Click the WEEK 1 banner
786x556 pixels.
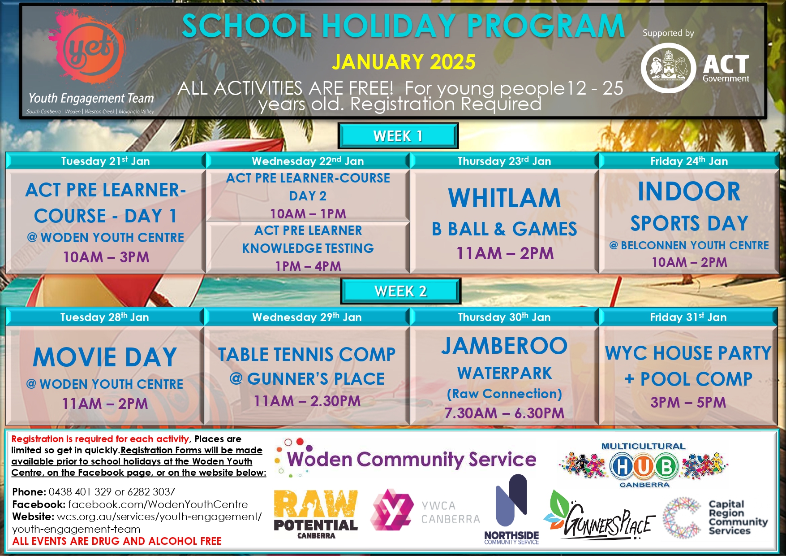(398, 136)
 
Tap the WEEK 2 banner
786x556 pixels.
(400, 291)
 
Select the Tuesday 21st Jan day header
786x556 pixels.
(105, 161)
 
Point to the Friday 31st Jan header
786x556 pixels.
(688, 317)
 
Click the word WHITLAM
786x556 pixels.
(504, 198)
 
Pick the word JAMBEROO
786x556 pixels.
(504, 346)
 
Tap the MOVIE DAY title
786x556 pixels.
(105, 357)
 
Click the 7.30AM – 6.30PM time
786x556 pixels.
(504, 413)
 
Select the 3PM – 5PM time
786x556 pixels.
(688, 402)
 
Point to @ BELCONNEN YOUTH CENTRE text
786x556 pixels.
(689, 245)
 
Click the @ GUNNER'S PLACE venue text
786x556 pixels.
(307, 379)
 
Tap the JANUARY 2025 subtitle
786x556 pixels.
(404, 62)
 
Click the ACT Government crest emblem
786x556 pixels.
(668, 68)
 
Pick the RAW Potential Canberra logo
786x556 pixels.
(316, 513)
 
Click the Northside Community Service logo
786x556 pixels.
(511, 509)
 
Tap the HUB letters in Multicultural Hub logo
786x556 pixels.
(644, 466)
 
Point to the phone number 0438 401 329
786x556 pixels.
(80, 492)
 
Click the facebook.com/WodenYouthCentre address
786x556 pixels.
(158, 504)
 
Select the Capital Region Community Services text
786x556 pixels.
(738, 517)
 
